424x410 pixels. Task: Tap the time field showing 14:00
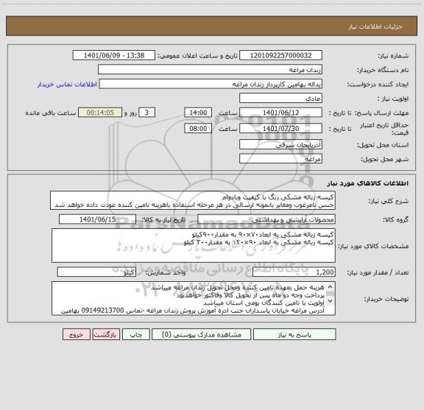(198, 112)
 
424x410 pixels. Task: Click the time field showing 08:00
(198, 129)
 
